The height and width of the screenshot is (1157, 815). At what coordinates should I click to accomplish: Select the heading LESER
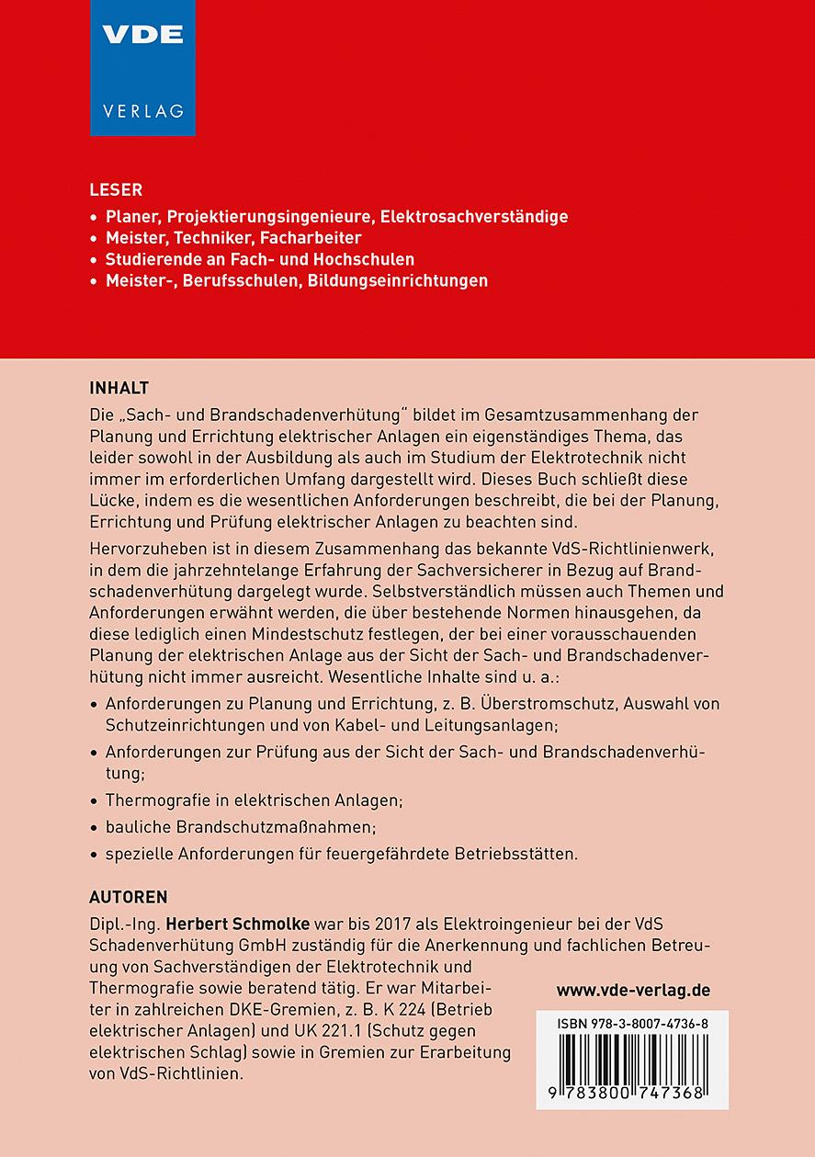coord(116,190)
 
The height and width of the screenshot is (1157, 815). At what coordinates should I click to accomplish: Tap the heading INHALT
coord(119,387)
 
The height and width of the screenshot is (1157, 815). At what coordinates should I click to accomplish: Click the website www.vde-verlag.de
coord(633,991)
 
